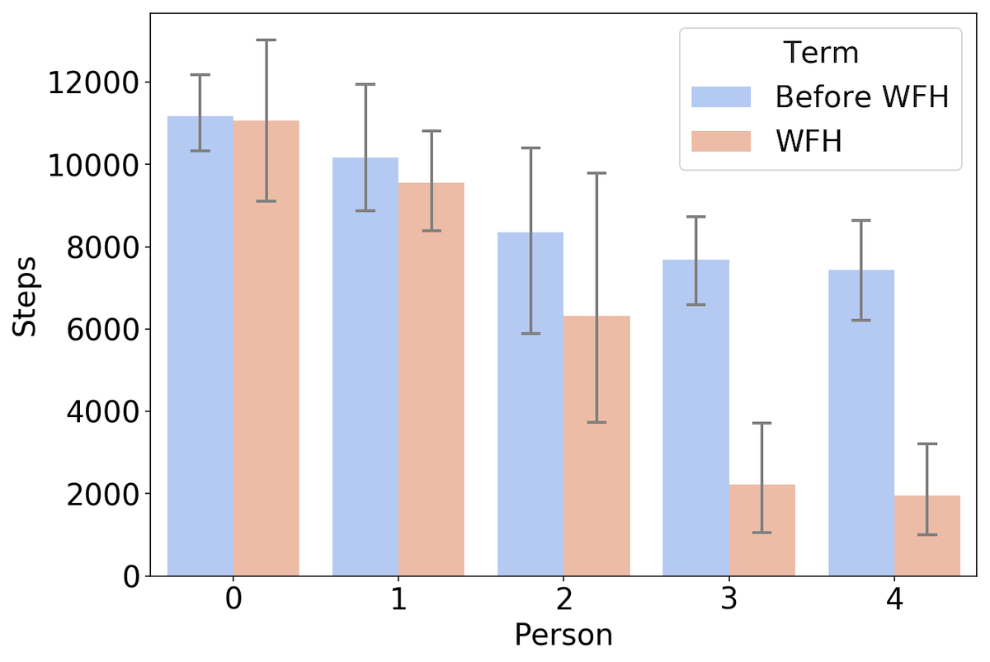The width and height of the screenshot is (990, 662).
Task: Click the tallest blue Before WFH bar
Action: coord(200,346)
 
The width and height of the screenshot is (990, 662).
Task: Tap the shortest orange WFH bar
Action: coord(927,535)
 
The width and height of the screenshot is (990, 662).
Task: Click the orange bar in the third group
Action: coord(596,445)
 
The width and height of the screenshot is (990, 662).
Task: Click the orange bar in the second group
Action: coord(431,378)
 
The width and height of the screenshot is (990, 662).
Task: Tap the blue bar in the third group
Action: coord(530,404)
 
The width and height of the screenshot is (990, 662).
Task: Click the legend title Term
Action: coord(821,53)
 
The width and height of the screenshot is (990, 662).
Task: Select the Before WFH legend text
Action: coord(862,97)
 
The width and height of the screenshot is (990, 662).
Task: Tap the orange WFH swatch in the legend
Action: coord(721,141)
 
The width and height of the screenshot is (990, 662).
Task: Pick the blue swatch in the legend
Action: coord(721,97)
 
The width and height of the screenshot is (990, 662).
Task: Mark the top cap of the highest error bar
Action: coord(266,40)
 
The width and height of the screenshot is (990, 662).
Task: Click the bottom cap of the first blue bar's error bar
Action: coord(200,151)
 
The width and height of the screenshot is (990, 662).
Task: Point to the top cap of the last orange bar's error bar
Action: coord(927,444)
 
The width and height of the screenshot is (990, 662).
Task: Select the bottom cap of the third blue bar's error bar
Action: coord(530,333)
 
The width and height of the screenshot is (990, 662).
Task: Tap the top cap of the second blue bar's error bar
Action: coord(365,84)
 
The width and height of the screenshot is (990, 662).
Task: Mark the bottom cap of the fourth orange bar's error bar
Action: coord(761,533)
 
